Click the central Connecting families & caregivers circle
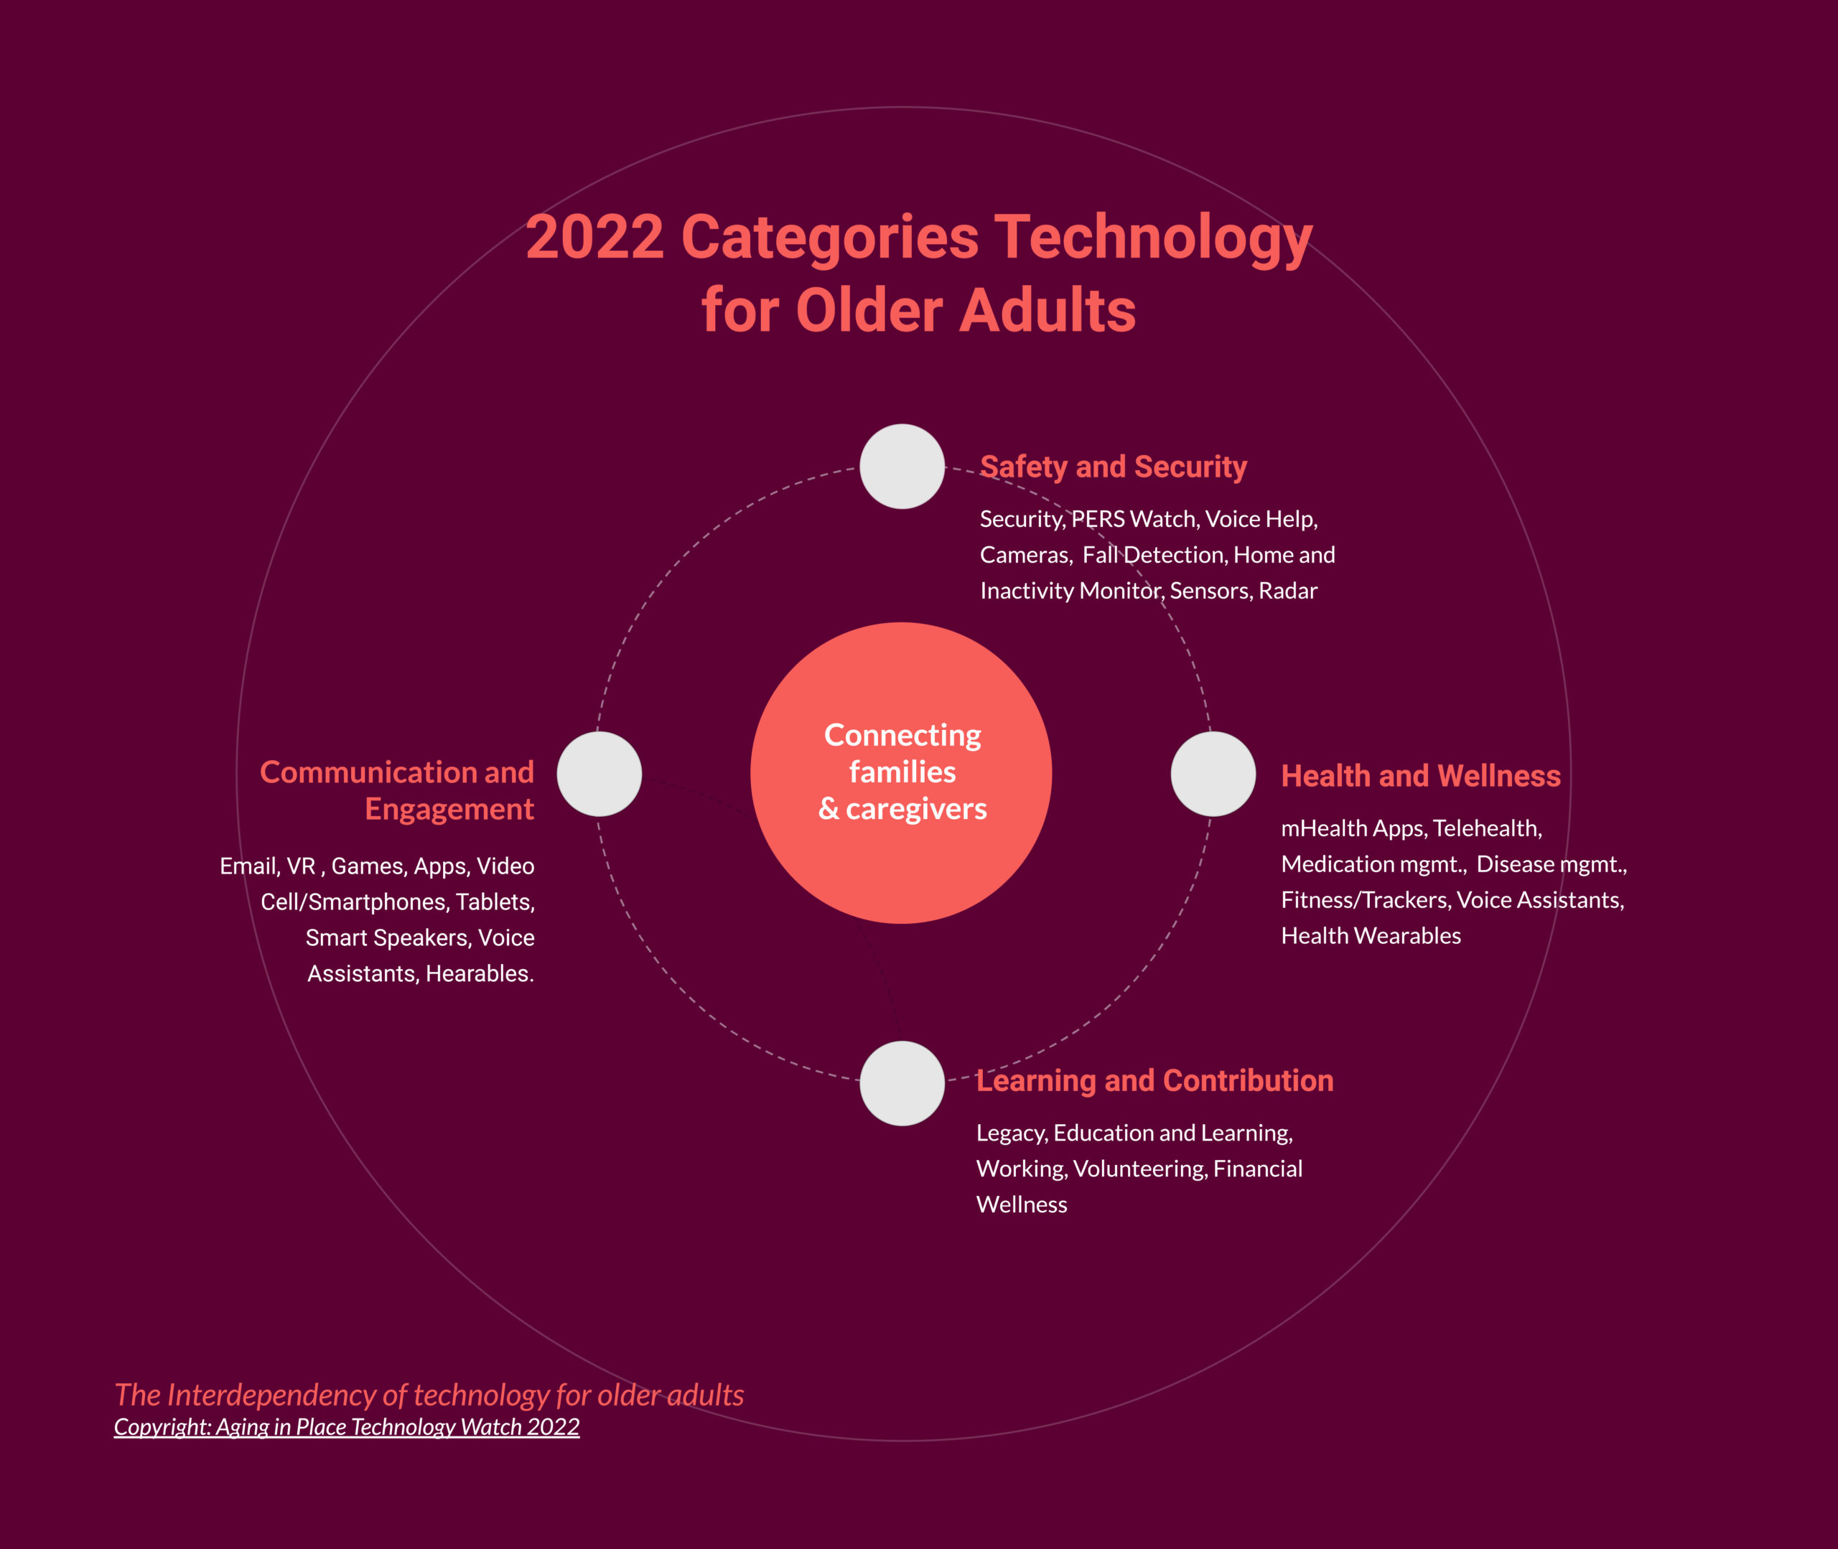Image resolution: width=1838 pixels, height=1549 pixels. click(x=901, y=773)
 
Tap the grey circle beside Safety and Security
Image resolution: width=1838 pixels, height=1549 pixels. click(x=902, y=467)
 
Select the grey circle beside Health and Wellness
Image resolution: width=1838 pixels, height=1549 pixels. click(x=1213, y=774)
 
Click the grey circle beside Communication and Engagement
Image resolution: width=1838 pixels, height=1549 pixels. click(x=599, y=774)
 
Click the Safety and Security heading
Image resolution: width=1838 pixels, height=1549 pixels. click(x=1113, y=467)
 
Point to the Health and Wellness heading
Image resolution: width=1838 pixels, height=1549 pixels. click(x=1421, y=775)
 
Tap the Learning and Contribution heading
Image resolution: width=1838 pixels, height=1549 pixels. click(x=1154, y=1080)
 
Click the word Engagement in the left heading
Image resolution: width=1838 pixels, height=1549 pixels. click(x=449, y=810)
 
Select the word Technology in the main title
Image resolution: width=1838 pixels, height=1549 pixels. click(x=1153, y=239)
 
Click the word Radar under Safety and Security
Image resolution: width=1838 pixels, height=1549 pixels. click(x=1287, y=590)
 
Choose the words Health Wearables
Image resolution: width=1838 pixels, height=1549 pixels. click(x=1371, y=935)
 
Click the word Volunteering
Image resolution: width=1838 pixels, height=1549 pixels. click(x=1141, y=1169)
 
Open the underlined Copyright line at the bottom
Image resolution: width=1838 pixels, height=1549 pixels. click(x=347, y=1427)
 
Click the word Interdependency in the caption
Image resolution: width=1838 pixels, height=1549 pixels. click(x=286, y=1395)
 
